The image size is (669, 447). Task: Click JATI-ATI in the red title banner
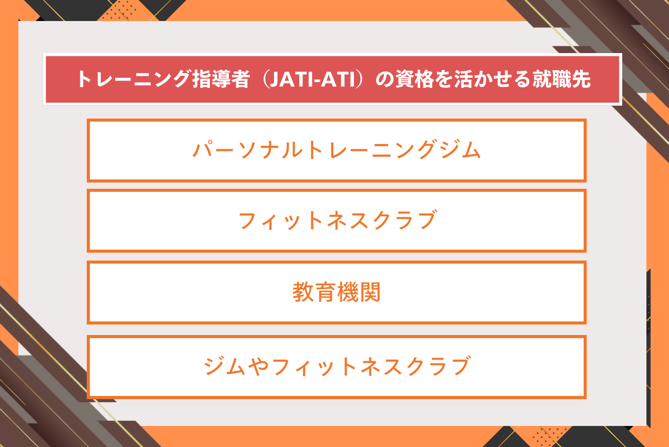(312, 79)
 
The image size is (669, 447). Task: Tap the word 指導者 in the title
(221, 79)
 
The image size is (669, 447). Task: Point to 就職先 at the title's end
(562, 79)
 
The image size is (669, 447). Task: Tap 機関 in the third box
(358, 292)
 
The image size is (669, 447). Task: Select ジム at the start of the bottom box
(225, 366)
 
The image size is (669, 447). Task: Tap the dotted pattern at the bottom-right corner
(549, 436)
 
